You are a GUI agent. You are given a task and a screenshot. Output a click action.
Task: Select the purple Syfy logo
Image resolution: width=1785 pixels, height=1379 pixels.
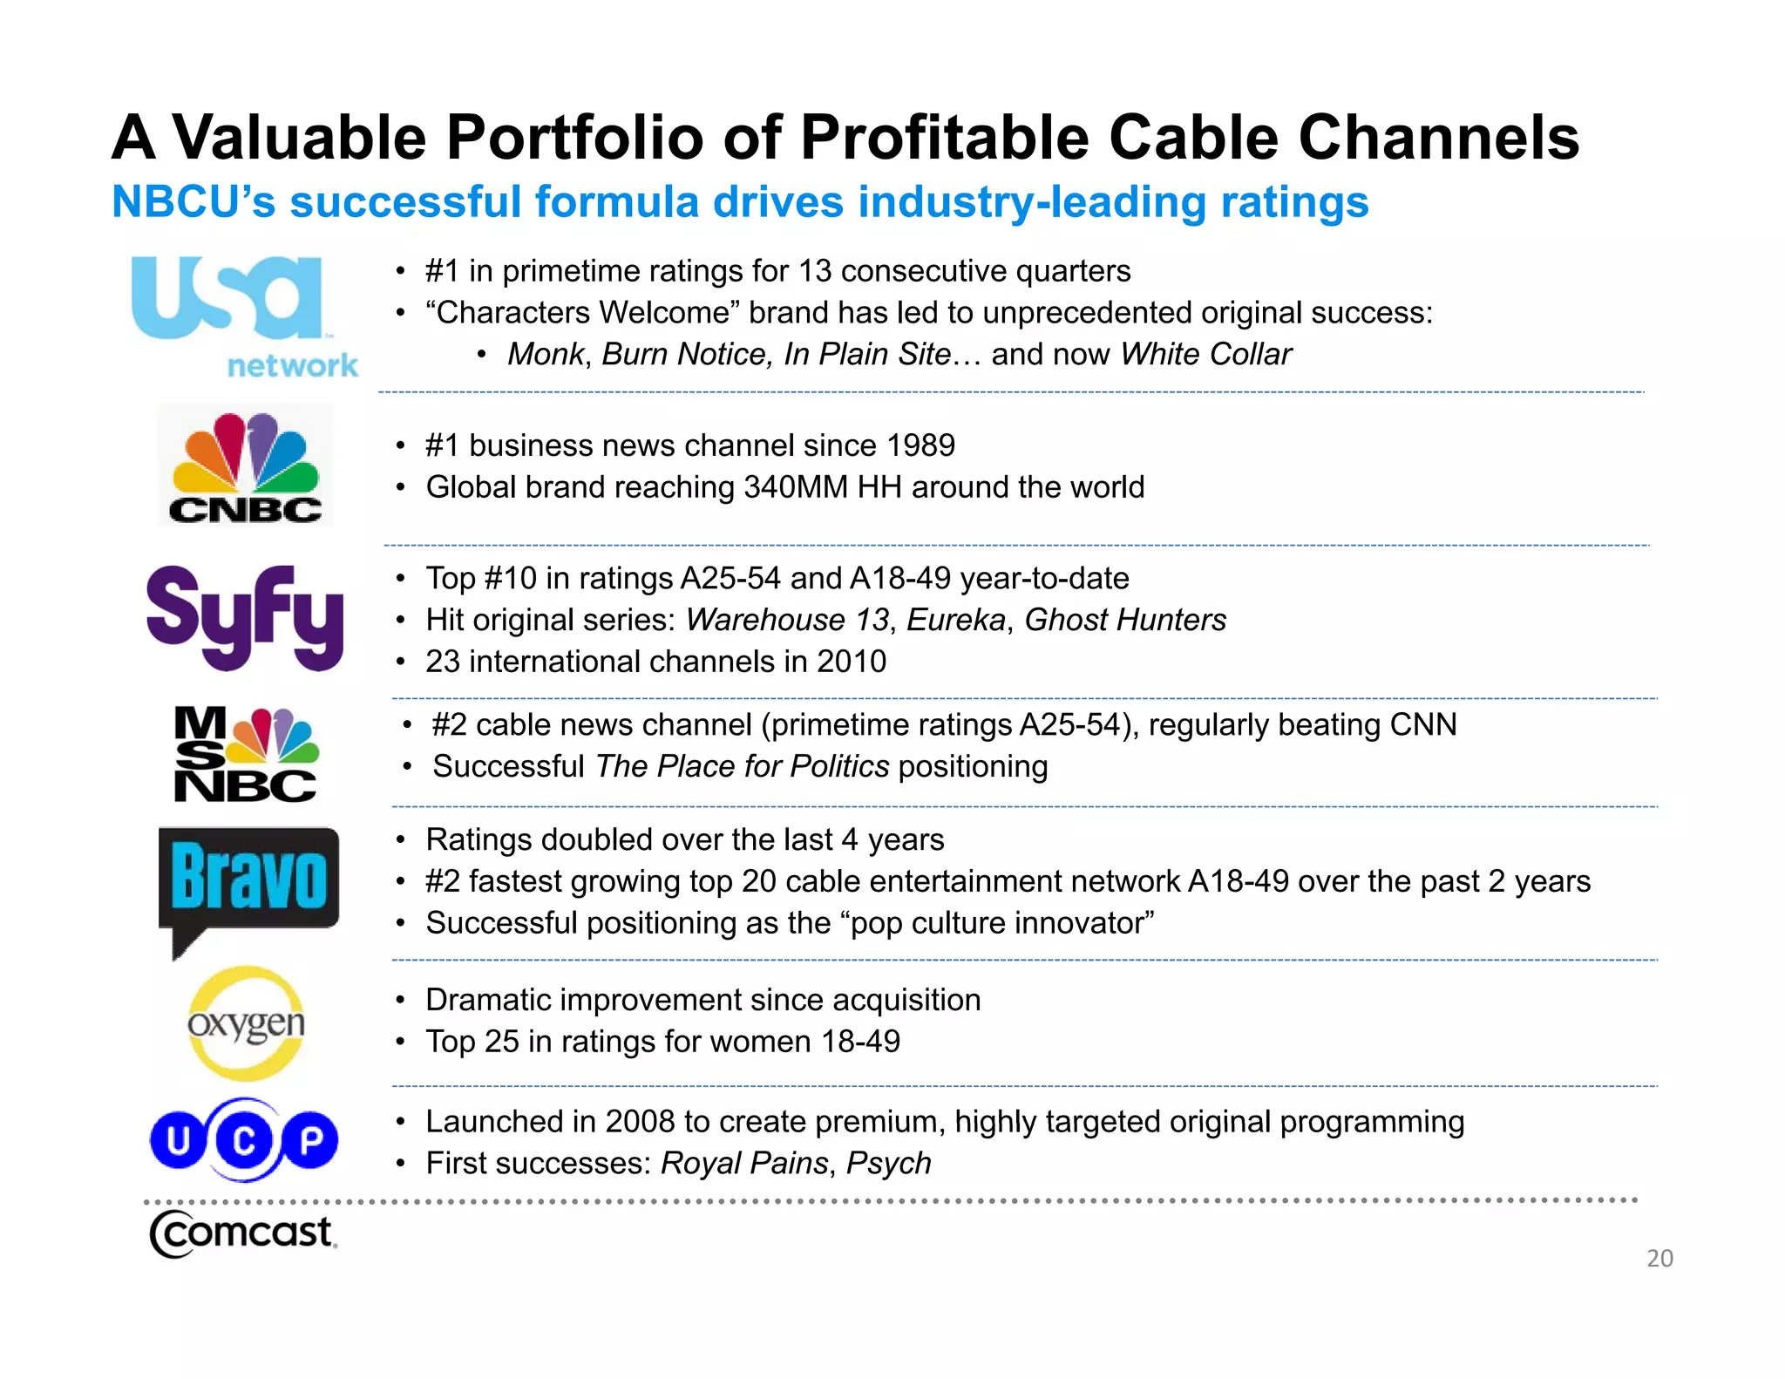[245, 617]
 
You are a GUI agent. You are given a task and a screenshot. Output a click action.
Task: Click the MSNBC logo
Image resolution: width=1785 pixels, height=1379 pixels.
[246, 753]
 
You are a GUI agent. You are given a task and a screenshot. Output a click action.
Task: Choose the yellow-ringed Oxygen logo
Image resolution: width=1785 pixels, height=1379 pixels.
[246, 1023]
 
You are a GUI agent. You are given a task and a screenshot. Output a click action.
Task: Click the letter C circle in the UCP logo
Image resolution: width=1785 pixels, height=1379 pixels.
[244, 1140]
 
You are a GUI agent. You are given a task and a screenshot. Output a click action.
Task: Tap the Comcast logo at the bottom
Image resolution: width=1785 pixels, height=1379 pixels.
[242, 1234]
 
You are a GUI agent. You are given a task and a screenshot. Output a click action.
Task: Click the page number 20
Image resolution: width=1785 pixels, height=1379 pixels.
[1659, 1258]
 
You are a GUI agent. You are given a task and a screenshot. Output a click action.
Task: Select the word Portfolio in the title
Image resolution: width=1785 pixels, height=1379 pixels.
[575, 138]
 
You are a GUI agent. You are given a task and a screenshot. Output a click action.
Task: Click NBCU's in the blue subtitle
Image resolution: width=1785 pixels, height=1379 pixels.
[193, 202]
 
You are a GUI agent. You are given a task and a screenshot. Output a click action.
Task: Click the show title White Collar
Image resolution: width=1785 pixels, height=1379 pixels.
[1205, 355]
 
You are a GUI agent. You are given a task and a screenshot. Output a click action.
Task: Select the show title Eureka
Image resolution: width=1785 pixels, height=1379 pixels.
[956, 620]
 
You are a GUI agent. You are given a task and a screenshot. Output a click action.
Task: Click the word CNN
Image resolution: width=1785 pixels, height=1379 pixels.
[1422, 724]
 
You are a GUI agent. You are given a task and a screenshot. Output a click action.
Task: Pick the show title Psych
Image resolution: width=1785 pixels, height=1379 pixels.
[888, 1164]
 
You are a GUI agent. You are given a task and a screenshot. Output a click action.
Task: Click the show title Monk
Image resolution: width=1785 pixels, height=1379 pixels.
[546, 355]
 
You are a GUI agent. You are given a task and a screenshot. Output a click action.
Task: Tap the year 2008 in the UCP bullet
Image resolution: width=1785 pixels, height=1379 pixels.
[640, 1122]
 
